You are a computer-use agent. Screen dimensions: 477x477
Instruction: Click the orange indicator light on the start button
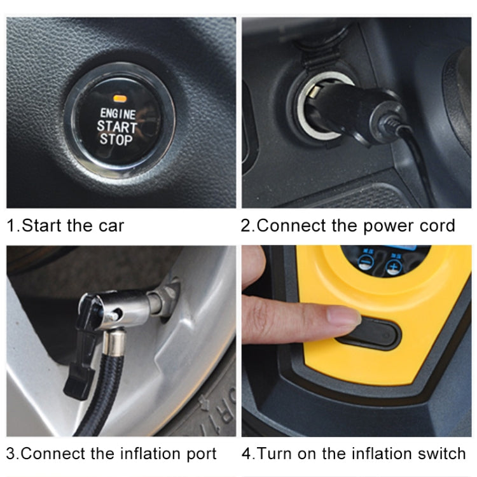tap(118, 99)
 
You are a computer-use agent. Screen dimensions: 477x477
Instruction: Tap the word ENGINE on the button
tap(118, 114)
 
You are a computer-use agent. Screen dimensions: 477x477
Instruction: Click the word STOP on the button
tap(116, 139)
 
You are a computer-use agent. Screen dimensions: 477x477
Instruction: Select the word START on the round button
tap(117, 127)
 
